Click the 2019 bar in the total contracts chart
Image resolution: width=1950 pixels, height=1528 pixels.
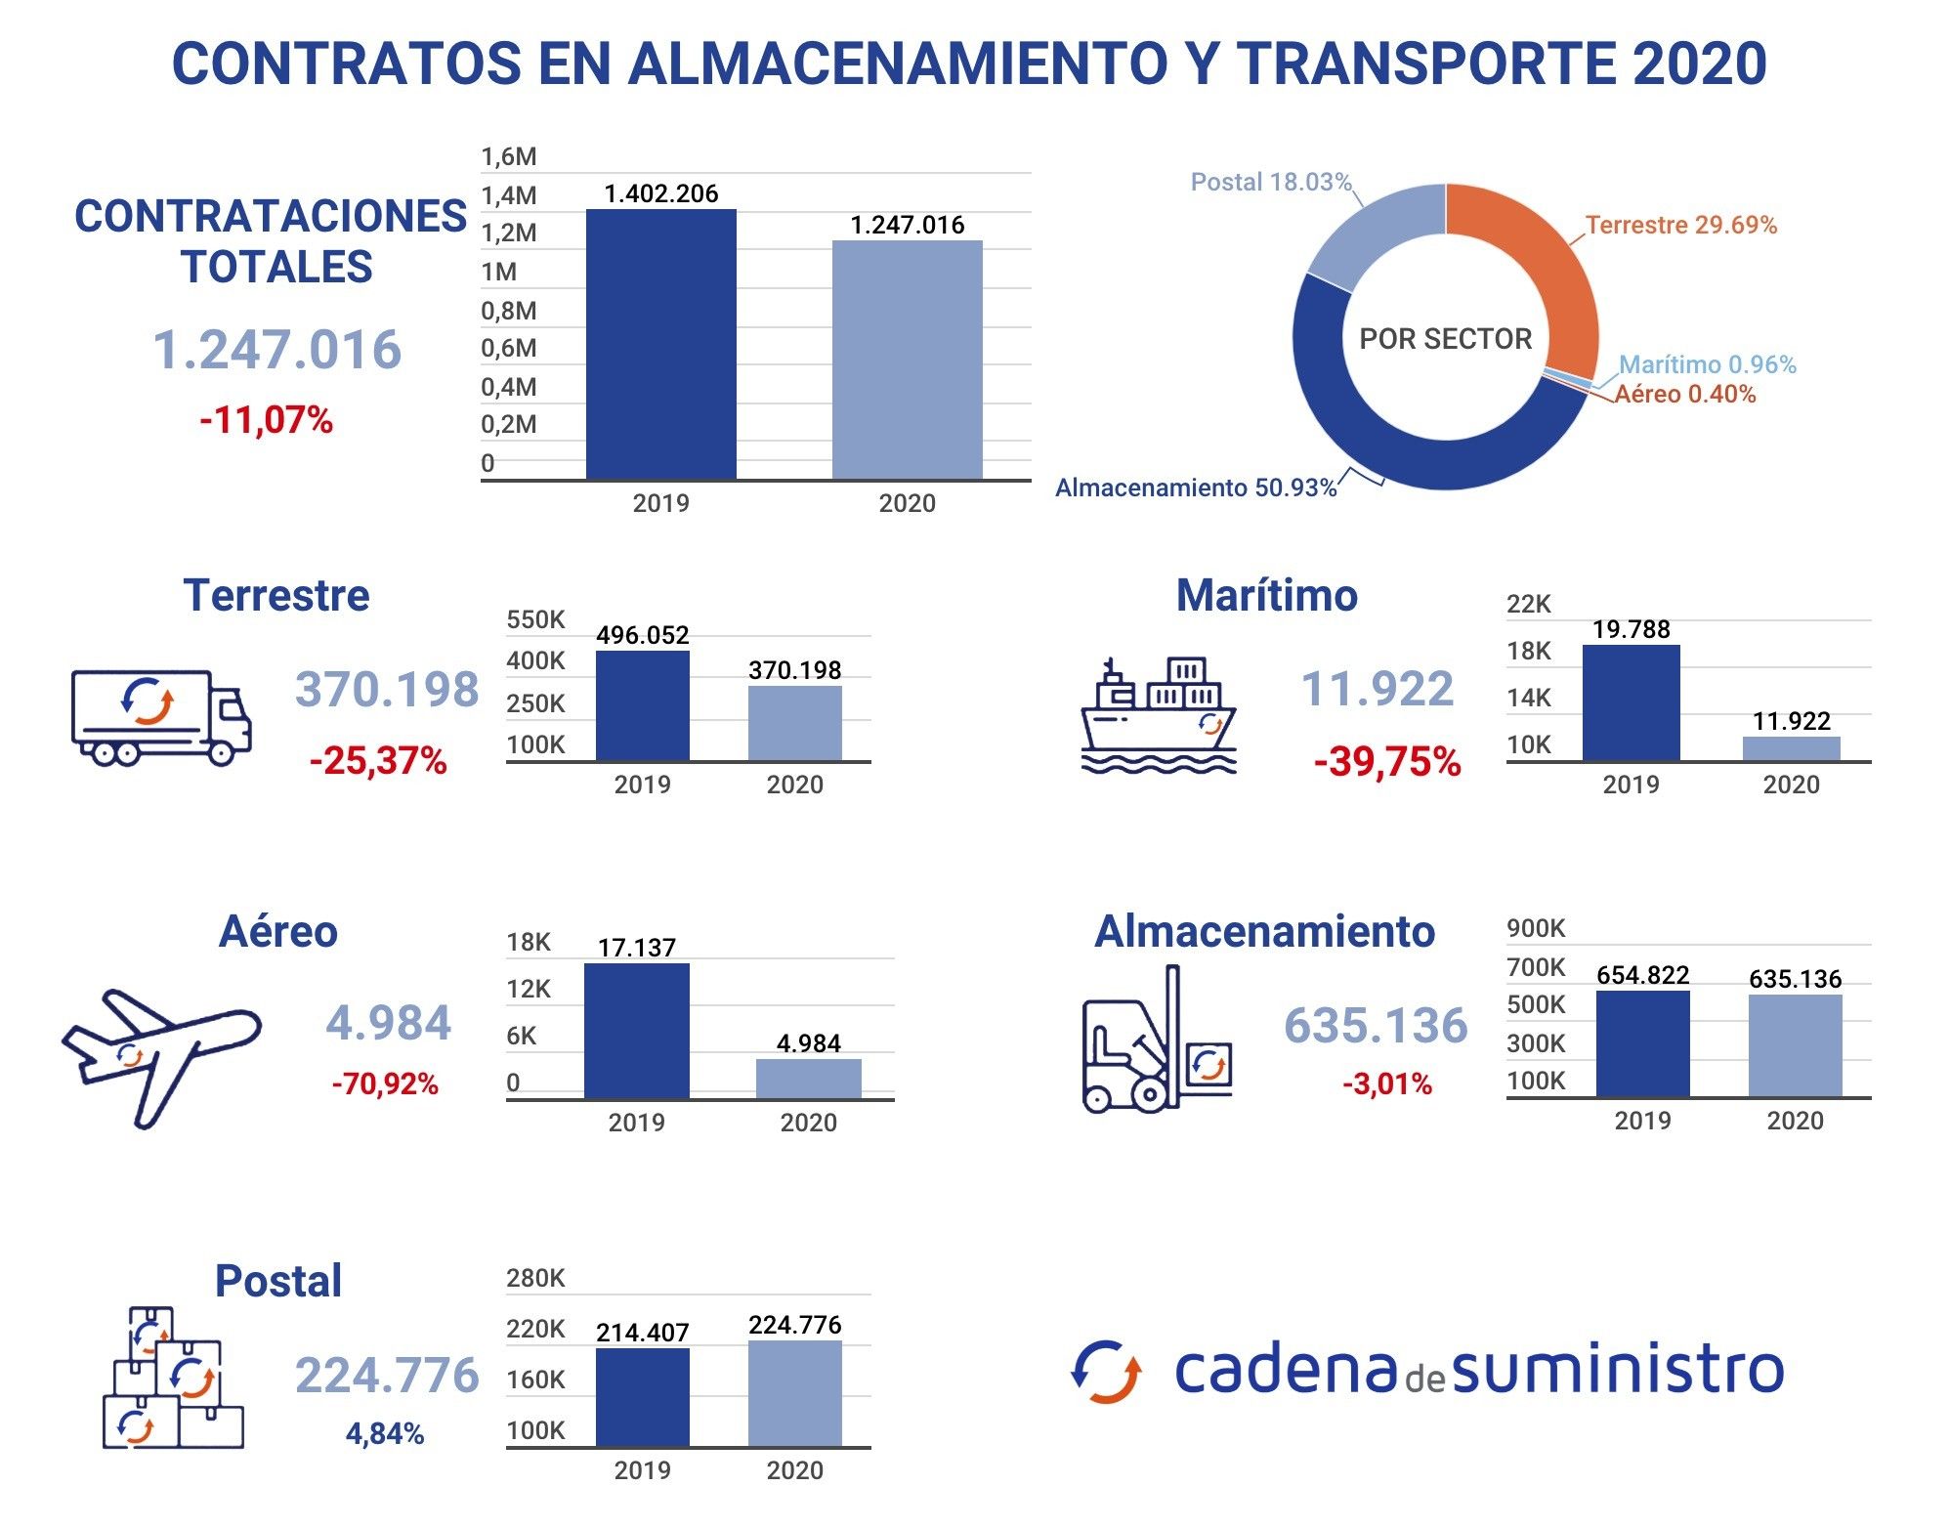click(660, 344)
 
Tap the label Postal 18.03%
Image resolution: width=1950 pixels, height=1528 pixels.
click(1270, 183)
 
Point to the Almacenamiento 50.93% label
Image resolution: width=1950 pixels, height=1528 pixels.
click(1195, 488)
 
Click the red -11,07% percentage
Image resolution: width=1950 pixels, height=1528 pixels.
click(266, 420)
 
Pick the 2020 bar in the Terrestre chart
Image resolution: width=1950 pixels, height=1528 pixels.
click(794, 723)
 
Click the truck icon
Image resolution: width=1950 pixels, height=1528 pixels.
click(161, 716)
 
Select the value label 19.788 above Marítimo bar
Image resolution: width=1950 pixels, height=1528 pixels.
click(1631, 629)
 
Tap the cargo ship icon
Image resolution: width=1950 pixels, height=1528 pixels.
click(1159, 716)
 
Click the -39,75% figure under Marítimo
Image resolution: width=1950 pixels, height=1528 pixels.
click(1386, 761)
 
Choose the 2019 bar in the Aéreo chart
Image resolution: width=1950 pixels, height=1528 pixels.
click(636, 1031)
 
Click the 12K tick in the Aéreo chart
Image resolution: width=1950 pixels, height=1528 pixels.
click(528, 989)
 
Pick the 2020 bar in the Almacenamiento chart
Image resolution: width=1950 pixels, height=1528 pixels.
click(1795, 1045)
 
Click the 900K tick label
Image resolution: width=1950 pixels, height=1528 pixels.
click(1535, 928)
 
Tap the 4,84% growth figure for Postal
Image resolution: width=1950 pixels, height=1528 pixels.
click(384, 1433)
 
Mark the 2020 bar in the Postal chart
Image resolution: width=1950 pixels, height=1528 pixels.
click(794, 1393)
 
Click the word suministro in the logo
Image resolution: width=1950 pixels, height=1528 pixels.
click(1617, 1370)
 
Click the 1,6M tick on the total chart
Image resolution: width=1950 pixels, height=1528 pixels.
click(508, 157)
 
